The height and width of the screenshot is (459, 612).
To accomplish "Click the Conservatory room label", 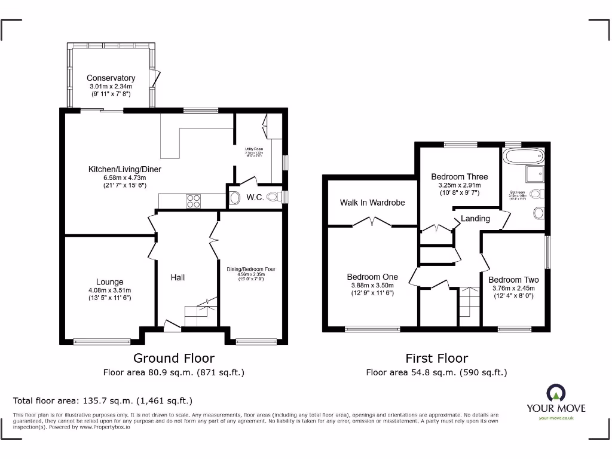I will tap(111, 78).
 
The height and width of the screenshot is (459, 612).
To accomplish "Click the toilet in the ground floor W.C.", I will tap(273, 197).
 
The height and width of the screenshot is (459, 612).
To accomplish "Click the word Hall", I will tap(178, 277).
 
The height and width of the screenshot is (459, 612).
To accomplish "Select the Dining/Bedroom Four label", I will tap(250, 270).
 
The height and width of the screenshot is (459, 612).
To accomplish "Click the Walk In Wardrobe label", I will tap(372, 203).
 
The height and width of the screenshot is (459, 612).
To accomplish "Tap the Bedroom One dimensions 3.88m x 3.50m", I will tap(372, 286).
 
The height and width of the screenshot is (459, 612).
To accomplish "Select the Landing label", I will tap(475, 218).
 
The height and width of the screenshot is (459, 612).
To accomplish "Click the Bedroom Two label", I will tap(513, 280).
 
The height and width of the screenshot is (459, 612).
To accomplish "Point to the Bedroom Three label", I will tap(460, 176).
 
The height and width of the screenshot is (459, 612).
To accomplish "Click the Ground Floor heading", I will tap(173, 358).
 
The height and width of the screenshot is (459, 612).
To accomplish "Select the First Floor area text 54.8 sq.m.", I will tap(436, 372).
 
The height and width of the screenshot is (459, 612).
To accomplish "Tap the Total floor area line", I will tap(103, 400).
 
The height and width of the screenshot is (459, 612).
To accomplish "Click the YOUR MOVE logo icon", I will tap(555, 393).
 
